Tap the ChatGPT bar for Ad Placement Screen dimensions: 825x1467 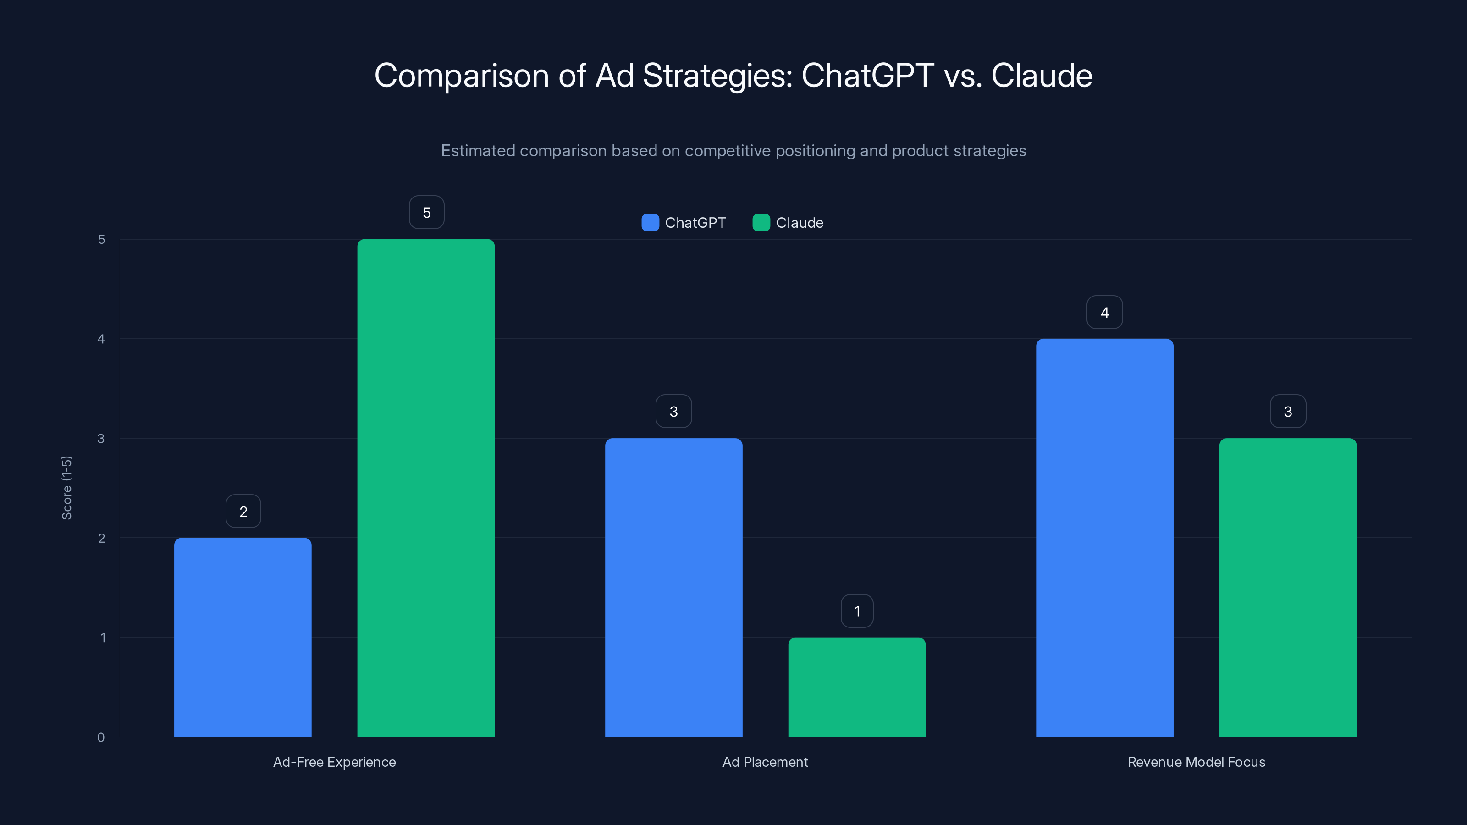674,587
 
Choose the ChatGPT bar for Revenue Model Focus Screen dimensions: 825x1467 1104,538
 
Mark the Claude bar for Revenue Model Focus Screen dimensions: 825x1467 1288,587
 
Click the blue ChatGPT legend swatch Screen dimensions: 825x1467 650,223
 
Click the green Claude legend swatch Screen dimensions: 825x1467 761,223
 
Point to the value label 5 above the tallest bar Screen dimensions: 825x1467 426,212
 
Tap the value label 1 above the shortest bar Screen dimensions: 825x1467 857,611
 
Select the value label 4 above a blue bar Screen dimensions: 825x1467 1104,312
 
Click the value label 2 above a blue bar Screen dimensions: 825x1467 243,511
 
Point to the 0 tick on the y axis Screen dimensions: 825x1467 101,737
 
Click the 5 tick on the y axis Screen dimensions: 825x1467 101,239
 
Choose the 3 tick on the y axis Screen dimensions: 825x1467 101,439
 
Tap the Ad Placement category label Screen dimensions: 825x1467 765,762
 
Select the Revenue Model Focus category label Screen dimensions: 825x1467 1196,762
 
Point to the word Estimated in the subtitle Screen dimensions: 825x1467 478,151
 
